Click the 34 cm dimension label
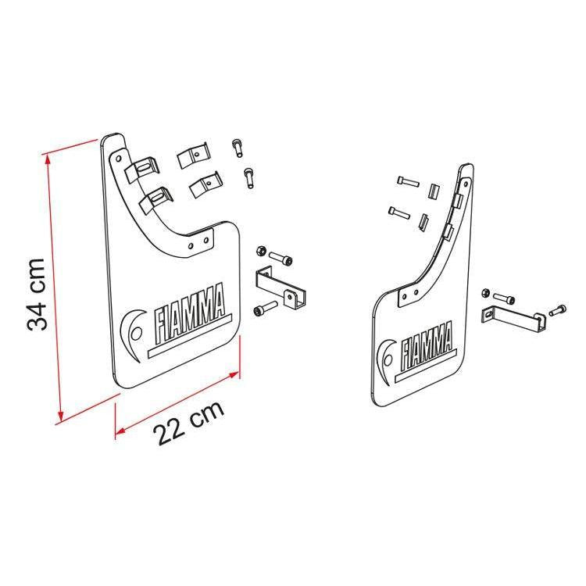36,294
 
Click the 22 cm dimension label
189,423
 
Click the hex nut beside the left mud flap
261,251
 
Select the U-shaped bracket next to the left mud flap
280,288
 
